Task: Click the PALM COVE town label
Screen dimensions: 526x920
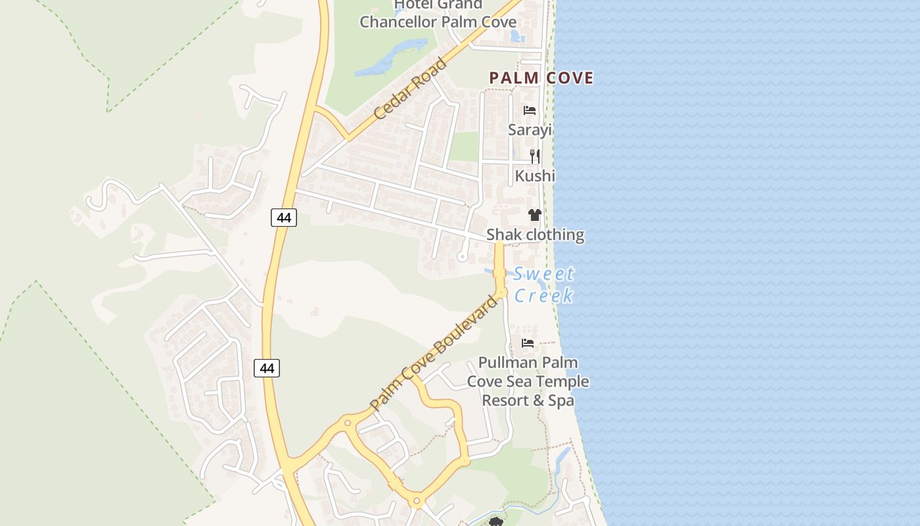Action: click(x=541, y=78)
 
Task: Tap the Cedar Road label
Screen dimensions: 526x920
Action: click(x=411, y=89)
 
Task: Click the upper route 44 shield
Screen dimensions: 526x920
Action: click(x=284, y=217)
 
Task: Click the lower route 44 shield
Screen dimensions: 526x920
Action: click(x=267, y=368)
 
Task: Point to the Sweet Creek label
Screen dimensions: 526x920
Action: click(x=544, y=285)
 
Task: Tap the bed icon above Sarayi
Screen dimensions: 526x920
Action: click(x=530, y=110)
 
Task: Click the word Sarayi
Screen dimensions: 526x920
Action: click(x=530, y=130)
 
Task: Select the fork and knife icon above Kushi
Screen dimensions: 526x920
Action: click(x=535, y=156)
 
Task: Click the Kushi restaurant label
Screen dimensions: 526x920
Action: click(x=535, y=176)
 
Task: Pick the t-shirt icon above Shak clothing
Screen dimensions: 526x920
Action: click(x=534, y=215)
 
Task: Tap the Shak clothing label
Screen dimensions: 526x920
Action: click(x=535, y=235)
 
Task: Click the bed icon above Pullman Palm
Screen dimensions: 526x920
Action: click(x=528, y=343)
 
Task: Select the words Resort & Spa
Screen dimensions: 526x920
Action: click(x=528, y=400)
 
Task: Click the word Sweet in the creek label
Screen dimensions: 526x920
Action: click(x=544, y=274)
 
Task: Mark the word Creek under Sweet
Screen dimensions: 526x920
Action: click(x=544, y=296)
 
